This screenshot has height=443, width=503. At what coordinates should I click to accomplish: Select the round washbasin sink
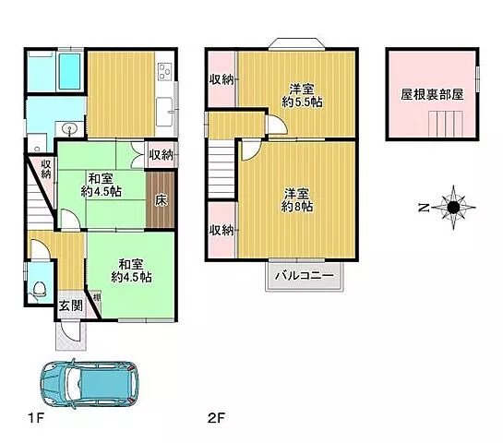click(x=69, y=129)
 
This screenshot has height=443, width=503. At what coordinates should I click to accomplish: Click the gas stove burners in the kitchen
click(x=165, y=72)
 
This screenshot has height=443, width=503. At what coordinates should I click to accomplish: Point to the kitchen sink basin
click(x=164, y=113)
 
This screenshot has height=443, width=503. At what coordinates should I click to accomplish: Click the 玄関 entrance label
click(x=70, y=306)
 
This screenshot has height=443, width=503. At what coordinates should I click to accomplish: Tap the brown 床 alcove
click(x=161, y=200)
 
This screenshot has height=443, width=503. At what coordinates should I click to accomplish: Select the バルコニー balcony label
click(x=305, y=276)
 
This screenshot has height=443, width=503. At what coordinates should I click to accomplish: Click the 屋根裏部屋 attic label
click(x=432, y=95)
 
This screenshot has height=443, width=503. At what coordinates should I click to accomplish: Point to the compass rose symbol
click(x=453, y=208)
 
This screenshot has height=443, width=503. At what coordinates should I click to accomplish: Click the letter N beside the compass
click(x=424, y=208)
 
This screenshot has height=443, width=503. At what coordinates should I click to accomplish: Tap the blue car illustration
click(x=90, y=383)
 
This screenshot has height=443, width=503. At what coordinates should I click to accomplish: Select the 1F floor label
click(x=36, y=418)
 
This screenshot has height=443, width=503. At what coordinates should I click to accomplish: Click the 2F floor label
click(x=216, y=418)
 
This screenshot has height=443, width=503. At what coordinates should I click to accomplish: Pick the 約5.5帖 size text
click(x=302, y=102)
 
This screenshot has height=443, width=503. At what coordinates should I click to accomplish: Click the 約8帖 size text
click(x=297, y=207)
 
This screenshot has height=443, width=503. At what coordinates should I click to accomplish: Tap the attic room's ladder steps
click(x=446, y=124)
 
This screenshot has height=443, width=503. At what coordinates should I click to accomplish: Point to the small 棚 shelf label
click(x=97, y=297)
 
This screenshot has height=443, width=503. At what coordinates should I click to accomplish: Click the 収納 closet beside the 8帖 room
click(x=222, y=230)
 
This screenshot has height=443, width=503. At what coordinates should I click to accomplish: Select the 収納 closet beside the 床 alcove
click(x=161, y=155)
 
